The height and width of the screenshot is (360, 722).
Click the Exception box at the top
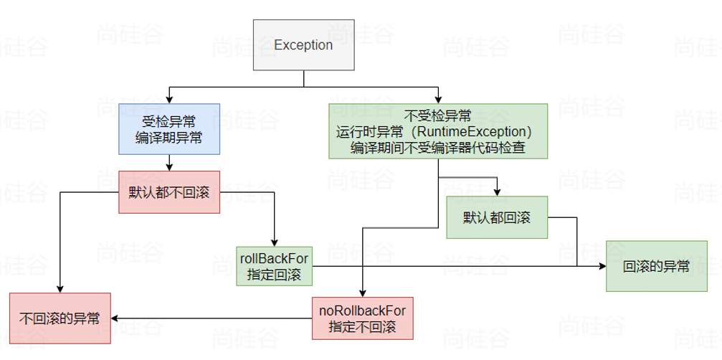pos(303,44)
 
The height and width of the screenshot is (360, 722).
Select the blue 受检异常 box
pos(168,129)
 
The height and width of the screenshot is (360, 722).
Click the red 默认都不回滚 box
pos(168,191)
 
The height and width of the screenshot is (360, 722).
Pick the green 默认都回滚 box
pos(497,217)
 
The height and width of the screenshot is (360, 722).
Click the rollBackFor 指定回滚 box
pos(274,266)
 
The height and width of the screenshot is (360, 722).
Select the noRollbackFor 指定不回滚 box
pos(362,318)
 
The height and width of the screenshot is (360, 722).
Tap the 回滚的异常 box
pos(656,266)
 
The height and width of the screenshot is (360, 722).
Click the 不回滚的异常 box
pos(60,318)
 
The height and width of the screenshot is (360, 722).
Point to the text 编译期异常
pos(168,138)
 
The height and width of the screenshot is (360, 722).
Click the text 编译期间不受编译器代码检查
pos(438,148)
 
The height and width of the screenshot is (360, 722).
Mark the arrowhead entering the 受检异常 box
pos(168,100)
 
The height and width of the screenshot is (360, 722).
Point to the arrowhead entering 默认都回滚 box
pos(497,192)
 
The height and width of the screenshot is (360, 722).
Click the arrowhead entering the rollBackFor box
pos(274,242)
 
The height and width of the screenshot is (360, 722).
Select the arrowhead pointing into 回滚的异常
pos(602,266)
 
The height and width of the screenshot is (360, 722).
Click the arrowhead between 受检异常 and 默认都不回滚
pos(168,166)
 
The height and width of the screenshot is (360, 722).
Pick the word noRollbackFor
pos(362,310)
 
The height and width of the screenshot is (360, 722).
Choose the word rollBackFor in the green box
pos(274,258)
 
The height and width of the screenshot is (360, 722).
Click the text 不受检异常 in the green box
pos(438,116)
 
